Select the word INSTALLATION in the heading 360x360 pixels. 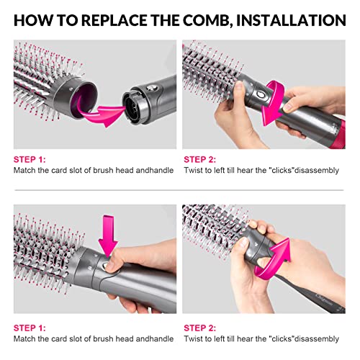click(294, 19)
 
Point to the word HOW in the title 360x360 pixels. click(34, 19)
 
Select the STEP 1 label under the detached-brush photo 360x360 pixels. click(31, 159)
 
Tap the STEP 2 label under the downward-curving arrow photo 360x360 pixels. click(201, 159)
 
